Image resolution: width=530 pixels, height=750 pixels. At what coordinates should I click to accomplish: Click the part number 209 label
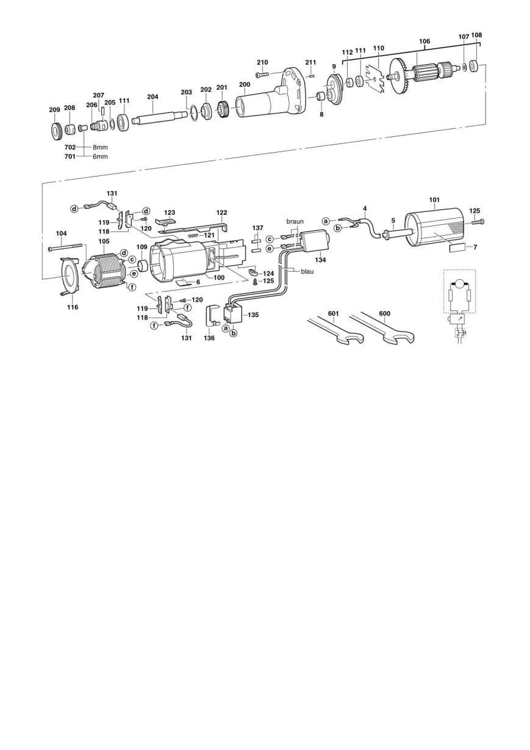(54, 110)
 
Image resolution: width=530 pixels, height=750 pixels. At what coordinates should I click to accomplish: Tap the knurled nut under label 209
(55, 131)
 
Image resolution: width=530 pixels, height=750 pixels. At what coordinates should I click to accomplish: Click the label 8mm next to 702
(100, 147)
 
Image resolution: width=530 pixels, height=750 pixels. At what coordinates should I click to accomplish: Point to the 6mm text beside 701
(100, 156)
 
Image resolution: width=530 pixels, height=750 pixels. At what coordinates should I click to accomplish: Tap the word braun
(295, 221)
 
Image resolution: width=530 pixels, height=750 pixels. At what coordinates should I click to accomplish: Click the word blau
(307, 272)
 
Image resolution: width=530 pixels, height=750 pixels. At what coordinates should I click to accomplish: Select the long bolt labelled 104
(66, 248)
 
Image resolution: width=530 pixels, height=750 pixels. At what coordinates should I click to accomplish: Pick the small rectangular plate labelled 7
(459, 248)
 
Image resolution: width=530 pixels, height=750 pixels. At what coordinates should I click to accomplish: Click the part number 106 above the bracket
(424, 41)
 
